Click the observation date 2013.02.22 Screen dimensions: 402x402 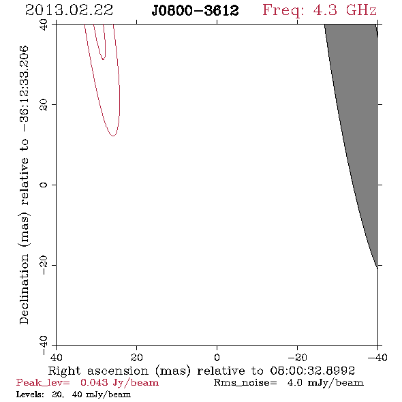(69, 10)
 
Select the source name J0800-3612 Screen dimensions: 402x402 (195, 11)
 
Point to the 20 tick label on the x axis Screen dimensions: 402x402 (137, 357)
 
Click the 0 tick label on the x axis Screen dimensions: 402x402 (217, 357)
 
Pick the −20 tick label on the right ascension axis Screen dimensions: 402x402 (297, 357)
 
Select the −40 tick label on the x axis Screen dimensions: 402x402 (377, 357)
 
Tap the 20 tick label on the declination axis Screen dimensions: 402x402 (44, 105)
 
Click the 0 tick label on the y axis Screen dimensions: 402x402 (44, 185)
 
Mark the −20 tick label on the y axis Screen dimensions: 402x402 (44, 265)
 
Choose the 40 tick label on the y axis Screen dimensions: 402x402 (44, 25)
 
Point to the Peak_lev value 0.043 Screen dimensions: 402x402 (94, 382)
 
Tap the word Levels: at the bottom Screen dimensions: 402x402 (30, 395)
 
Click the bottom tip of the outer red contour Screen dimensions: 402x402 (113, 136)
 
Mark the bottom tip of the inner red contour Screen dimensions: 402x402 (103, 59)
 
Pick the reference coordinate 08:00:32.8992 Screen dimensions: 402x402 (313, 371)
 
